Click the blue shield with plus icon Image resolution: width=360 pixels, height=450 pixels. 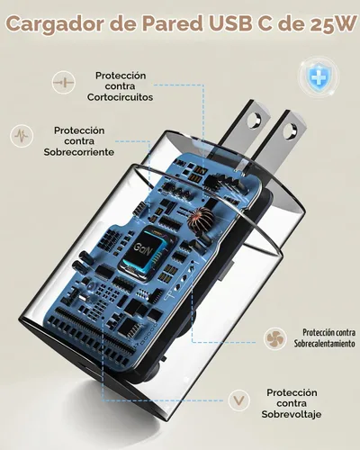click(319, 78)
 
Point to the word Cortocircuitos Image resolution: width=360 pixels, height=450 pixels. click(121, 97)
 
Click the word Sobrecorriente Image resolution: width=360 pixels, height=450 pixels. click(79, 152)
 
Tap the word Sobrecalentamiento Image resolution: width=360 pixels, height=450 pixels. click(324, 344)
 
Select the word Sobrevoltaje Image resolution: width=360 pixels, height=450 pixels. click(292, 414)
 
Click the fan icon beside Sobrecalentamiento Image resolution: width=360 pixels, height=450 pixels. click(274, 338)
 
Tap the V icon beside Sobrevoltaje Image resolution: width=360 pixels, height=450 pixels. click(238, 400)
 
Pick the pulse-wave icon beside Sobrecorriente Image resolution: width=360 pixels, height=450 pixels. click(22, 136)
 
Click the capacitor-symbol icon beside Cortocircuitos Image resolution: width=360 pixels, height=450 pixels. click(63, 83)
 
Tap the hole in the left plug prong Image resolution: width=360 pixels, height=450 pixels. click(254, 120)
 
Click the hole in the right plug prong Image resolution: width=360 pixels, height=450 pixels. click(289, 130)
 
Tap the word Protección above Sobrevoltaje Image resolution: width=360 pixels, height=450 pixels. click(292, 392)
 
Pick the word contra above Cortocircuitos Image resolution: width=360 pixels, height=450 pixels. click(120, 86)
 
